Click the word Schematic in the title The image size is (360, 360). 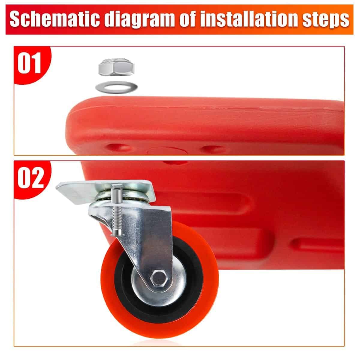coord(55,19)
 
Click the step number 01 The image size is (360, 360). coord(29,63)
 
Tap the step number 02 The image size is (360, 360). coord(31,177)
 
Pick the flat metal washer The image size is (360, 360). coord(116,87)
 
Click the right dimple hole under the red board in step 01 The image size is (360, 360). coord(213,149)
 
